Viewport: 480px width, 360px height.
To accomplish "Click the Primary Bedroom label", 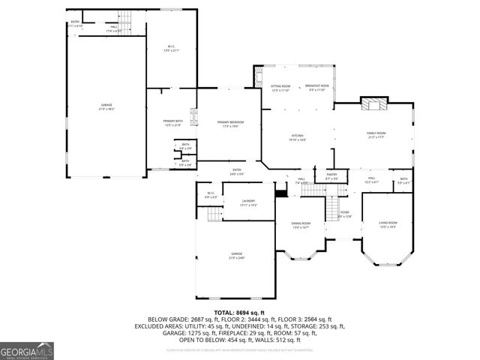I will pyautogui.click(x=232, y=124).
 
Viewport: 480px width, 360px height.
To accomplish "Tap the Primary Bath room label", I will pyautogui.click(x=172, y=123).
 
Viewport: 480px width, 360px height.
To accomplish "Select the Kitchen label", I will pyautogui.click(x=297, y=137).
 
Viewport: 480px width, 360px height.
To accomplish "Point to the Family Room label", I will pyautogui.click(x=375, y=135).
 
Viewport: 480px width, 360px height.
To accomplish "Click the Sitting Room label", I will pyautogui.click(x=280, y=88).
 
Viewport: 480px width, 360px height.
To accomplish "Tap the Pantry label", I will pyautogui.click(x=331, y=177).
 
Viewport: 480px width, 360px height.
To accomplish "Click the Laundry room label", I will pyautogui.click(x=248, y=202).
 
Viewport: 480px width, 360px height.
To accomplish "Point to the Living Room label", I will pyautogui.click(x=388, y=224).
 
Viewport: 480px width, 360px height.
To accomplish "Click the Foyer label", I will pyautogui.click(x=344, y=214).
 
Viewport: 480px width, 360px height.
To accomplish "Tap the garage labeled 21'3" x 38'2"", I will pyautogui.click(x=106, y=107).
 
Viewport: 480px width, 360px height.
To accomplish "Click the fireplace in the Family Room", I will pyautogui.click(x=373, y=104).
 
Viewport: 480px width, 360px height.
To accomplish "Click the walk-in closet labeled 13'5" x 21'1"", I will pyautogui.click(x=172, y=49).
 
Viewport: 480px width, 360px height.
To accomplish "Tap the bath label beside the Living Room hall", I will pyautogui.click(x=403, y=180).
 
